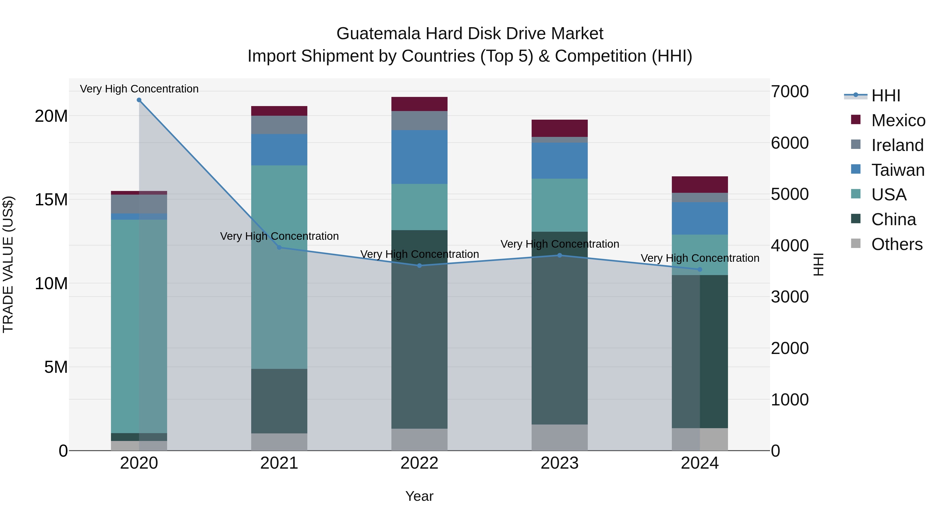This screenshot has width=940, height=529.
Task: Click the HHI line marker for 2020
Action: click(x=139, y=100)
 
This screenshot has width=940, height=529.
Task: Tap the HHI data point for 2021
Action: click(x=279, y=248)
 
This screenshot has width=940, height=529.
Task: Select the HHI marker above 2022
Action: click(x=419, y=266)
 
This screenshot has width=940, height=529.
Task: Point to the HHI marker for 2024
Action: click(x=700, y=269)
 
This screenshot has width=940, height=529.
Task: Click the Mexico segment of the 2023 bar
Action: click(x=559, y=128)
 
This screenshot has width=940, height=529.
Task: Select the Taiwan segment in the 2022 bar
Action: click(x=419, y=157)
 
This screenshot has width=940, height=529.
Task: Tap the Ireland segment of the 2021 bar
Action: click(x=279, y=125)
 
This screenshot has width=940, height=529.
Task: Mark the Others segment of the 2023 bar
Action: click(x=559, y=437)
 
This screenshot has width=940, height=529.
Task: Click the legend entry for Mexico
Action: click(x=898, y=120)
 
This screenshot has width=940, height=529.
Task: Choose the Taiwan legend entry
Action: click(x=898, y=170)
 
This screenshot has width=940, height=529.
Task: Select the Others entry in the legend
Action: click(x=897, y=244)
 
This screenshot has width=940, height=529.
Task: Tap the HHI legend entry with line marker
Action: click(x=886, y=96)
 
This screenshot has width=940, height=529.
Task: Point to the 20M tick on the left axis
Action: click(x=51, y=116)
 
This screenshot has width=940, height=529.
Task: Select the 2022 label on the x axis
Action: click(x=419, y=463)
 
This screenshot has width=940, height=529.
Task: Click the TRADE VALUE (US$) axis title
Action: click(x=8, y=264)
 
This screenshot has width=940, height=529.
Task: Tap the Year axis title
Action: click(x=419, y=496)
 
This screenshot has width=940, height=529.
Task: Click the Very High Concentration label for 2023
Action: click(x=559, y=244)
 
